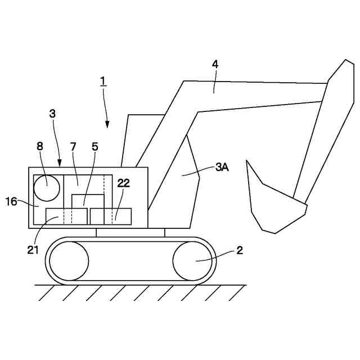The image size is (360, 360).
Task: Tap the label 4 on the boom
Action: click(x=215, y=64)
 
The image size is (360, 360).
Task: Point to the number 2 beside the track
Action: click(x=240, y=251)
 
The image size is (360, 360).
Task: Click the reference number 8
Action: click(x=40, y=146)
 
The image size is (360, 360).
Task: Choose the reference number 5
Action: click(x=94, y=146)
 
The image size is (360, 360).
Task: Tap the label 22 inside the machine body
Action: click(x=123, y=183)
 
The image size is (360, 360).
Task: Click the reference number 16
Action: click(x=11, y=201)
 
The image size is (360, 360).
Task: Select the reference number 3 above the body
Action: click(x=52, y=113)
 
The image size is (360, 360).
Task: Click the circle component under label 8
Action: click(x=46, y=188)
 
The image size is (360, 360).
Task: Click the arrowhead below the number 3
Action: click(x=60, y=164)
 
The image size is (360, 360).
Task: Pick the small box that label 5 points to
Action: click(x=88, y=201)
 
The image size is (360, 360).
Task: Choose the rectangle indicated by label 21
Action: click(x=66, y=216)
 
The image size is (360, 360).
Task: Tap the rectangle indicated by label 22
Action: click(x=111, y=216)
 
